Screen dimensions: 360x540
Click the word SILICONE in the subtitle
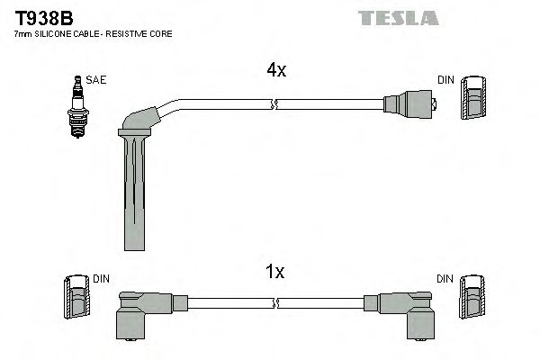pyautogui.click(x=57, y=33)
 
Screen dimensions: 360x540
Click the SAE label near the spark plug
pyautogui.click(x=97, y=80)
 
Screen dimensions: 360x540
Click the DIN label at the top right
pyautogui.click(x=445, y=80)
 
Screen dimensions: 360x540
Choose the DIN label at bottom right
pyautogui.click(x=445, y=280)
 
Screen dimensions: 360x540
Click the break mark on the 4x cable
pyautogui.click(x=274, y=105)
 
